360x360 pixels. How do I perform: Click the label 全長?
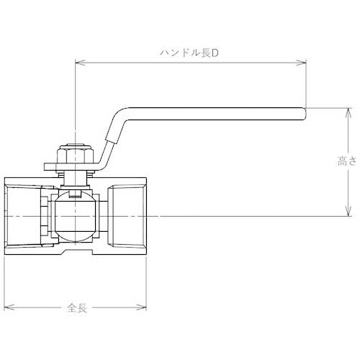pyautogui.click(x=77, y=307)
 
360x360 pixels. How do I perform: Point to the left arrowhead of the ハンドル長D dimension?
pyautogui.click(x=78, y=63)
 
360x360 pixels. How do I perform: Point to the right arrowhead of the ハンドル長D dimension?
pyautogui.click(x=303, y=63)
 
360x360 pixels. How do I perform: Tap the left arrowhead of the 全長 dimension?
pyautogui.click(x=8, y=307)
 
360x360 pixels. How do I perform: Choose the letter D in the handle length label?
pyautogui.click(x=214, y=54)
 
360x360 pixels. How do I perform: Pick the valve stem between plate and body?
pyautogui.click(x=74, y=176)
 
